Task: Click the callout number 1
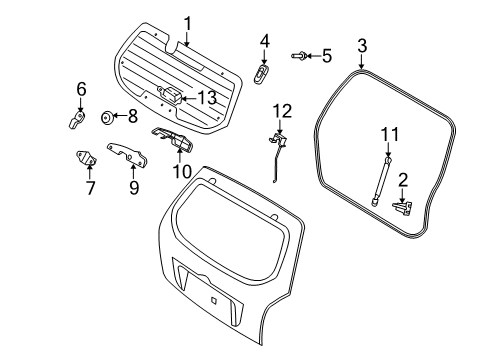[x=187, y=22]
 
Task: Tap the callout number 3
[x=362, y=46]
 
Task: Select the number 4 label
[x=264, y=41]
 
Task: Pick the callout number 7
[x=90, y=187]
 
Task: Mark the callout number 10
[x=182, y=171]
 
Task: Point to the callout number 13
[x=206, y=97]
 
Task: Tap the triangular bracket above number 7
[x=87, y=158]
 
